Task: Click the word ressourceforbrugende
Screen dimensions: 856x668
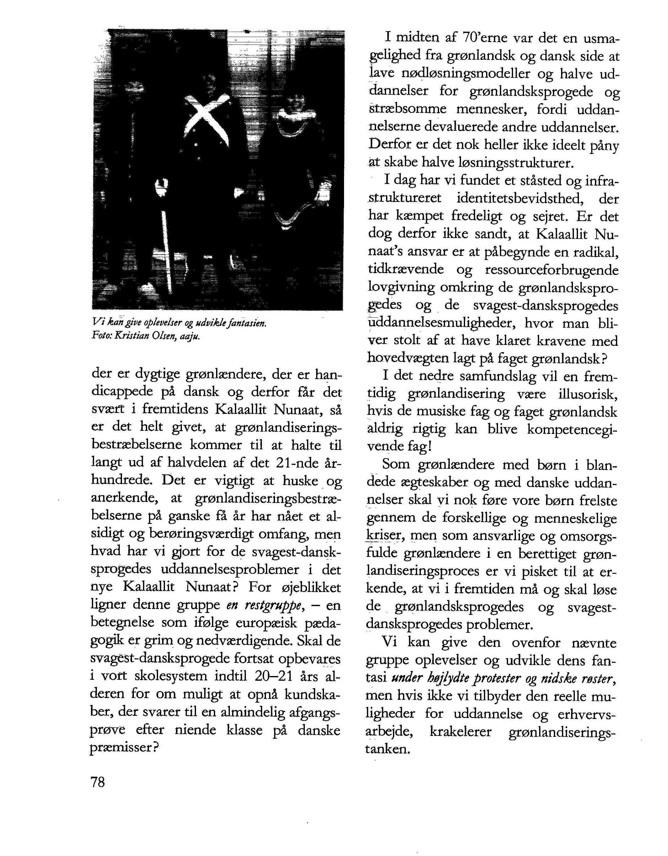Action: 552,270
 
